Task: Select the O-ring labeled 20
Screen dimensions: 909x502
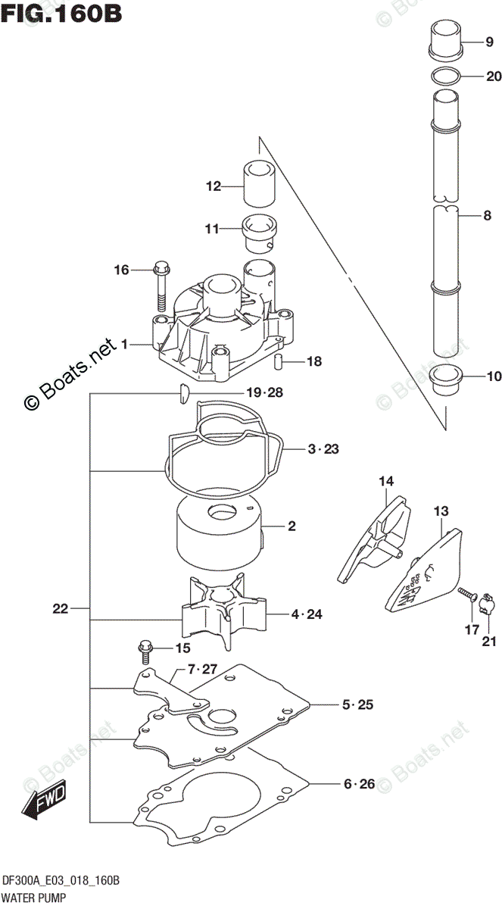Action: click(445, 76)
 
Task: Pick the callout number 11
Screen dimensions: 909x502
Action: click(211, 229)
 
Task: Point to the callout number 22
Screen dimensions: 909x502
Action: click(62, 608)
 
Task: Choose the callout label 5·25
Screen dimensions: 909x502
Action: click(357, 706)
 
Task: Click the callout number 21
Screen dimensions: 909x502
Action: click(488, 643)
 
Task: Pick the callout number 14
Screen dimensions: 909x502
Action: click(387, 481)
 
